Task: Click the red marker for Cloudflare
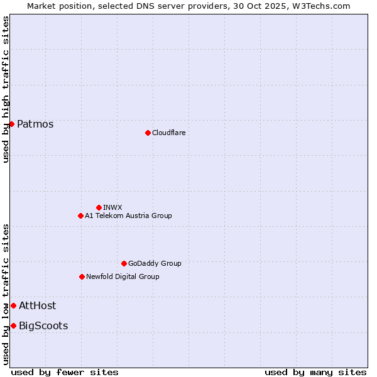tap(148, 133)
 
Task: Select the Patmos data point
tap(11, 124)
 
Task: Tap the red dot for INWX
tap(99, 207)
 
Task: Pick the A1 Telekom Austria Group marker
tap(80, 216)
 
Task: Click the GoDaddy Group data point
tap(124, 263)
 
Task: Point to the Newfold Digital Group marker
tap(82, 276)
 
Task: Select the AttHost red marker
tap(13, 305)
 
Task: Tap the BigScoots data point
tap(13, 325)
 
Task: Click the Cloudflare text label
tap(168, 133)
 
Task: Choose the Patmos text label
tap(35, 124)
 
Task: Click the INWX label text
tap(112, 207)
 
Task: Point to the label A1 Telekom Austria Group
tap(128, 216)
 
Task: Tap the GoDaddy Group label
tap(155, 263)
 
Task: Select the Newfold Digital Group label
tap(123, 276)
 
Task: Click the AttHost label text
tap(37, 305)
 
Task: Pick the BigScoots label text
tap(43, 325)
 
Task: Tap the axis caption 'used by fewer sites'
tap(65, 372)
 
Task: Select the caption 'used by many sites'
tap(315, 372)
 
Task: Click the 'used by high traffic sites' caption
tap(6, 90)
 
